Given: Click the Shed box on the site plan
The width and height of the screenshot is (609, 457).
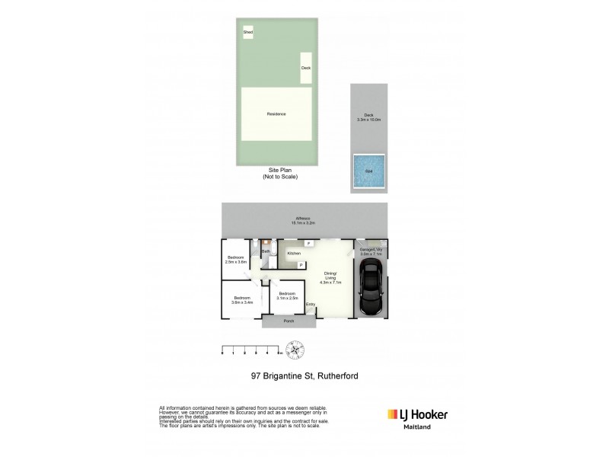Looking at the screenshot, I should coord(248,32).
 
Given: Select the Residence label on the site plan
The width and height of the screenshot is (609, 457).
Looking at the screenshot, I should coord(276,114).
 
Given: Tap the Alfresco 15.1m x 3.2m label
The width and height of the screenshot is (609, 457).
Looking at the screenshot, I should coord(302,221).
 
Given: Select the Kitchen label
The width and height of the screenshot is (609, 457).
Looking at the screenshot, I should coord(294,253).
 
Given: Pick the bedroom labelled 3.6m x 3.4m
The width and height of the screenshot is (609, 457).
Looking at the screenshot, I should coord(241,299).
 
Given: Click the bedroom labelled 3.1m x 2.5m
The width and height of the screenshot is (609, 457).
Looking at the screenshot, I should coord(287,296).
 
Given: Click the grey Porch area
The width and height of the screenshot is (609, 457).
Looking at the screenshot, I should coord(289,321).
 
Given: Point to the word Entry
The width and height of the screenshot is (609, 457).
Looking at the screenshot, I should coord(310,305).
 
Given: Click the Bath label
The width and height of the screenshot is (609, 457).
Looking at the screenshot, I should coord(266,251).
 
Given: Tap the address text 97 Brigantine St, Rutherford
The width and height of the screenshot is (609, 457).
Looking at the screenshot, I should coord(304,376).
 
